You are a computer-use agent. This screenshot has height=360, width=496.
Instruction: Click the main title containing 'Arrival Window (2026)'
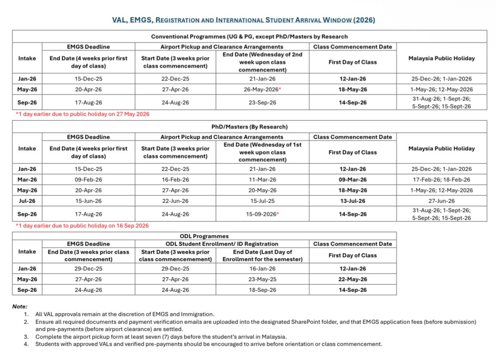click(243, 20)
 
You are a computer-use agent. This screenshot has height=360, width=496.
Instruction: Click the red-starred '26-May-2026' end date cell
click(265, 89)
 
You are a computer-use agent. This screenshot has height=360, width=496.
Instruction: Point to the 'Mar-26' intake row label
click(27, 180)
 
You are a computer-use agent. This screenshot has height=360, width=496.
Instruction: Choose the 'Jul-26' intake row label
click(27, 201)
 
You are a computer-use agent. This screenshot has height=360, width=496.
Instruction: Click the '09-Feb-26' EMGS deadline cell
click(88, 180)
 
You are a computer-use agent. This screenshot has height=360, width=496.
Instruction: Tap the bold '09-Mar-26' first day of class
click(352, 180)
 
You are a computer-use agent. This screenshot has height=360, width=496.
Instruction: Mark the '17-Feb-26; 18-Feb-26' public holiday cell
click(440, 180)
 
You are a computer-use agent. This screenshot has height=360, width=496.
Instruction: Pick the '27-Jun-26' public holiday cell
click(440, 201)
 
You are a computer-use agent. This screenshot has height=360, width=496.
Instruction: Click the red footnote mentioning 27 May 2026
click(83, 114)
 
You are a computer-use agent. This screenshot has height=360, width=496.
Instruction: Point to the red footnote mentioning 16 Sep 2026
click(82, 226)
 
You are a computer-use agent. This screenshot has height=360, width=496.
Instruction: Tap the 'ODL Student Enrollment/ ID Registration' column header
click(222, 244)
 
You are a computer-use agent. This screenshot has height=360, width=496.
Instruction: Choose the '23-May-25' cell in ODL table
click(263, 279)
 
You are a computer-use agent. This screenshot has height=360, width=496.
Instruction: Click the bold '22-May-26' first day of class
click(352, 279)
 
